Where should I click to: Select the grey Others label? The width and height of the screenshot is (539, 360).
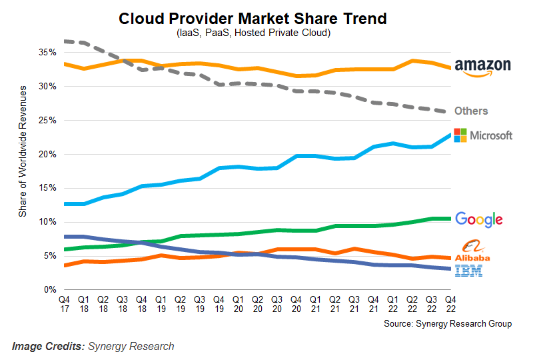pyautogui.click(x=471, y=111)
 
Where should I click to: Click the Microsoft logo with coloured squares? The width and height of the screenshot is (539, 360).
pyautogui.click(x=483, y=135)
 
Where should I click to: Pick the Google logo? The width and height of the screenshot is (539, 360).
pyautogui.click(x=478, y=219)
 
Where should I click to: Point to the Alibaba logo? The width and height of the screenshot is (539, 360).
pyautogui.click(x=472, y=251)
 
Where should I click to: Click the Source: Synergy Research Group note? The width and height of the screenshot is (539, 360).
pyautogui.click(x=448, y=323)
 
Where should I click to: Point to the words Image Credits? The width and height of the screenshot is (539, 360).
pyautogui.click(x=47, y=346)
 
